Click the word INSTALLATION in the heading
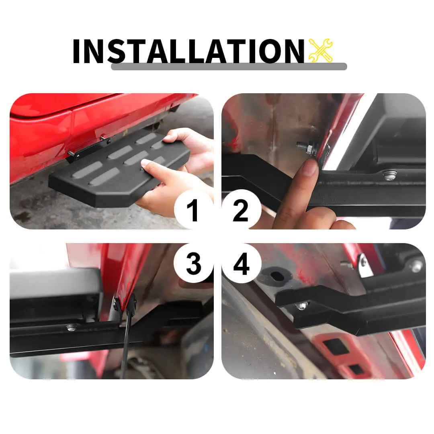point(188,51)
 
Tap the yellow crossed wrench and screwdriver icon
point(320,50)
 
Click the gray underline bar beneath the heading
point(229,66)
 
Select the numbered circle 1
point(193,209)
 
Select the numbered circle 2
point(241,209)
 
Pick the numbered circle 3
point(193,264)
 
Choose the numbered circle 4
point(242,264)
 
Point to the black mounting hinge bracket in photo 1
point(88,149)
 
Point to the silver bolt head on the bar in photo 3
point(72,328)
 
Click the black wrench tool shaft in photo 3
point(126,340)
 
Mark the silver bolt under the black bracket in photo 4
point(302,306)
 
